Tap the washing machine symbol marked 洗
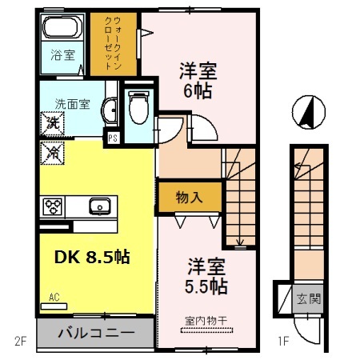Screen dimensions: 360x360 [x=52, y=122]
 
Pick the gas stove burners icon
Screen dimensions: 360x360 [x=54, y=206]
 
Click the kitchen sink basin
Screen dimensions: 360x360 [x=101, y=206]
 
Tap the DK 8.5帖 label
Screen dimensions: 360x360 [x=92, y=258]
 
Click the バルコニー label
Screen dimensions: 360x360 [x=94, y=331]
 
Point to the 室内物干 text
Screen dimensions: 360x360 [x=206, y=321]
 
